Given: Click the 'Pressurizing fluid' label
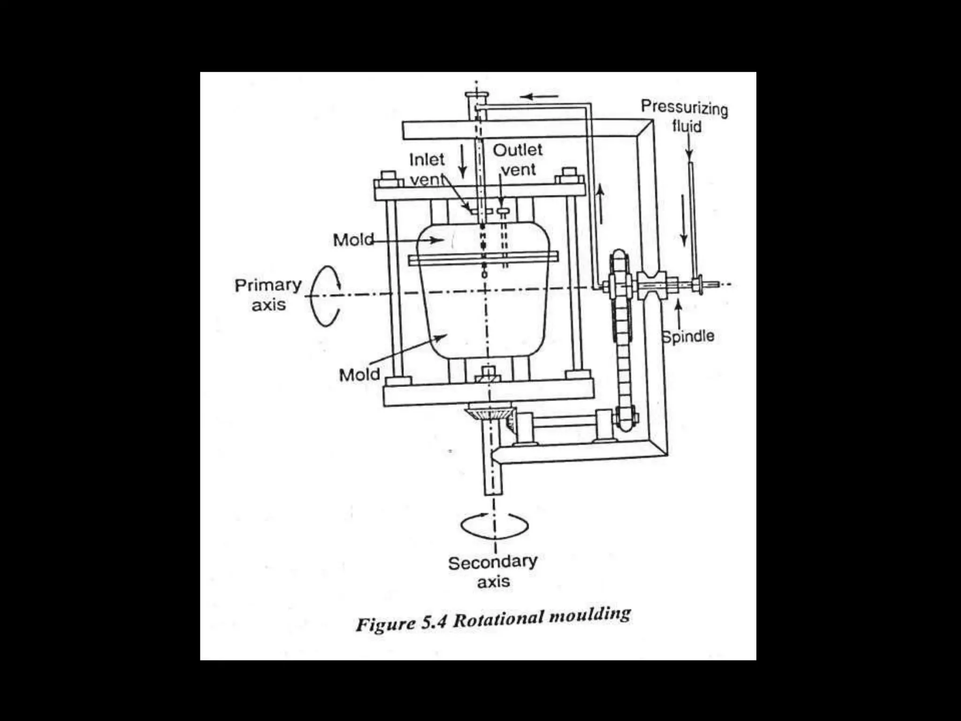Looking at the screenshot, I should point(685,116).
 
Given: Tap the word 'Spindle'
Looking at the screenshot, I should point(688,336).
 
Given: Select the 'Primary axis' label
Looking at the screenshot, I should point(268,295).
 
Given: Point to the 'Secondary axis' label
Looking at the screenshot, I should point(493,572).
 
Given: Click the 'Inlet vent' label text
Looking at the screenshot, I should point(427,169).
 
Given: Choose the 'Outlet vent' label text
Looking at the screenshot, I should point(518,160).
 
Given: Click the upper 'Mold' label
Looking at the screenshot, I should point(353,240).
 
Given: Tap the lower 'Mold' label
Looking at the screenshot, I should point(359,375).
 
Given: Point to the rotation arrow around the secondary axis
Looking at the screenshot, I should point(494,525).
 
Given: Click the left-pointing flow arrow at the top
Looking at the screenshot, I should point(540,97).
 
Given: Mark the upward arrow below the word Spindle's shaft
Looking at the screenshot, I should point(678,314).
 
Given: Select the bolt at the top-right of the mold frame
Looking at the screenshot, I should point(569,175).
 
